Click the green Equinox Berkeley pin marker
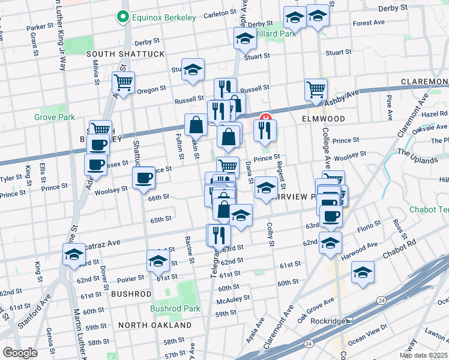pos(124,17)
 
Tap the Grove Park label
pos(55,117)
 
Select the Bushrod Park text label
pos(175,308)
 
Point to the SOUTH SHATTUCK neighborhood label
pos(125,54)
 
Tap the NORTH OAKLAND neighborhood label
pos(155,325)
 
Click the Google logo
pos(20,353)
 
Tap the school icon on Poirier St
pos(158,261)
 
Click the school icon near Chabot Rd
pos(363,272)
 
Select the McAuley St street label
pos(233,299)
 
